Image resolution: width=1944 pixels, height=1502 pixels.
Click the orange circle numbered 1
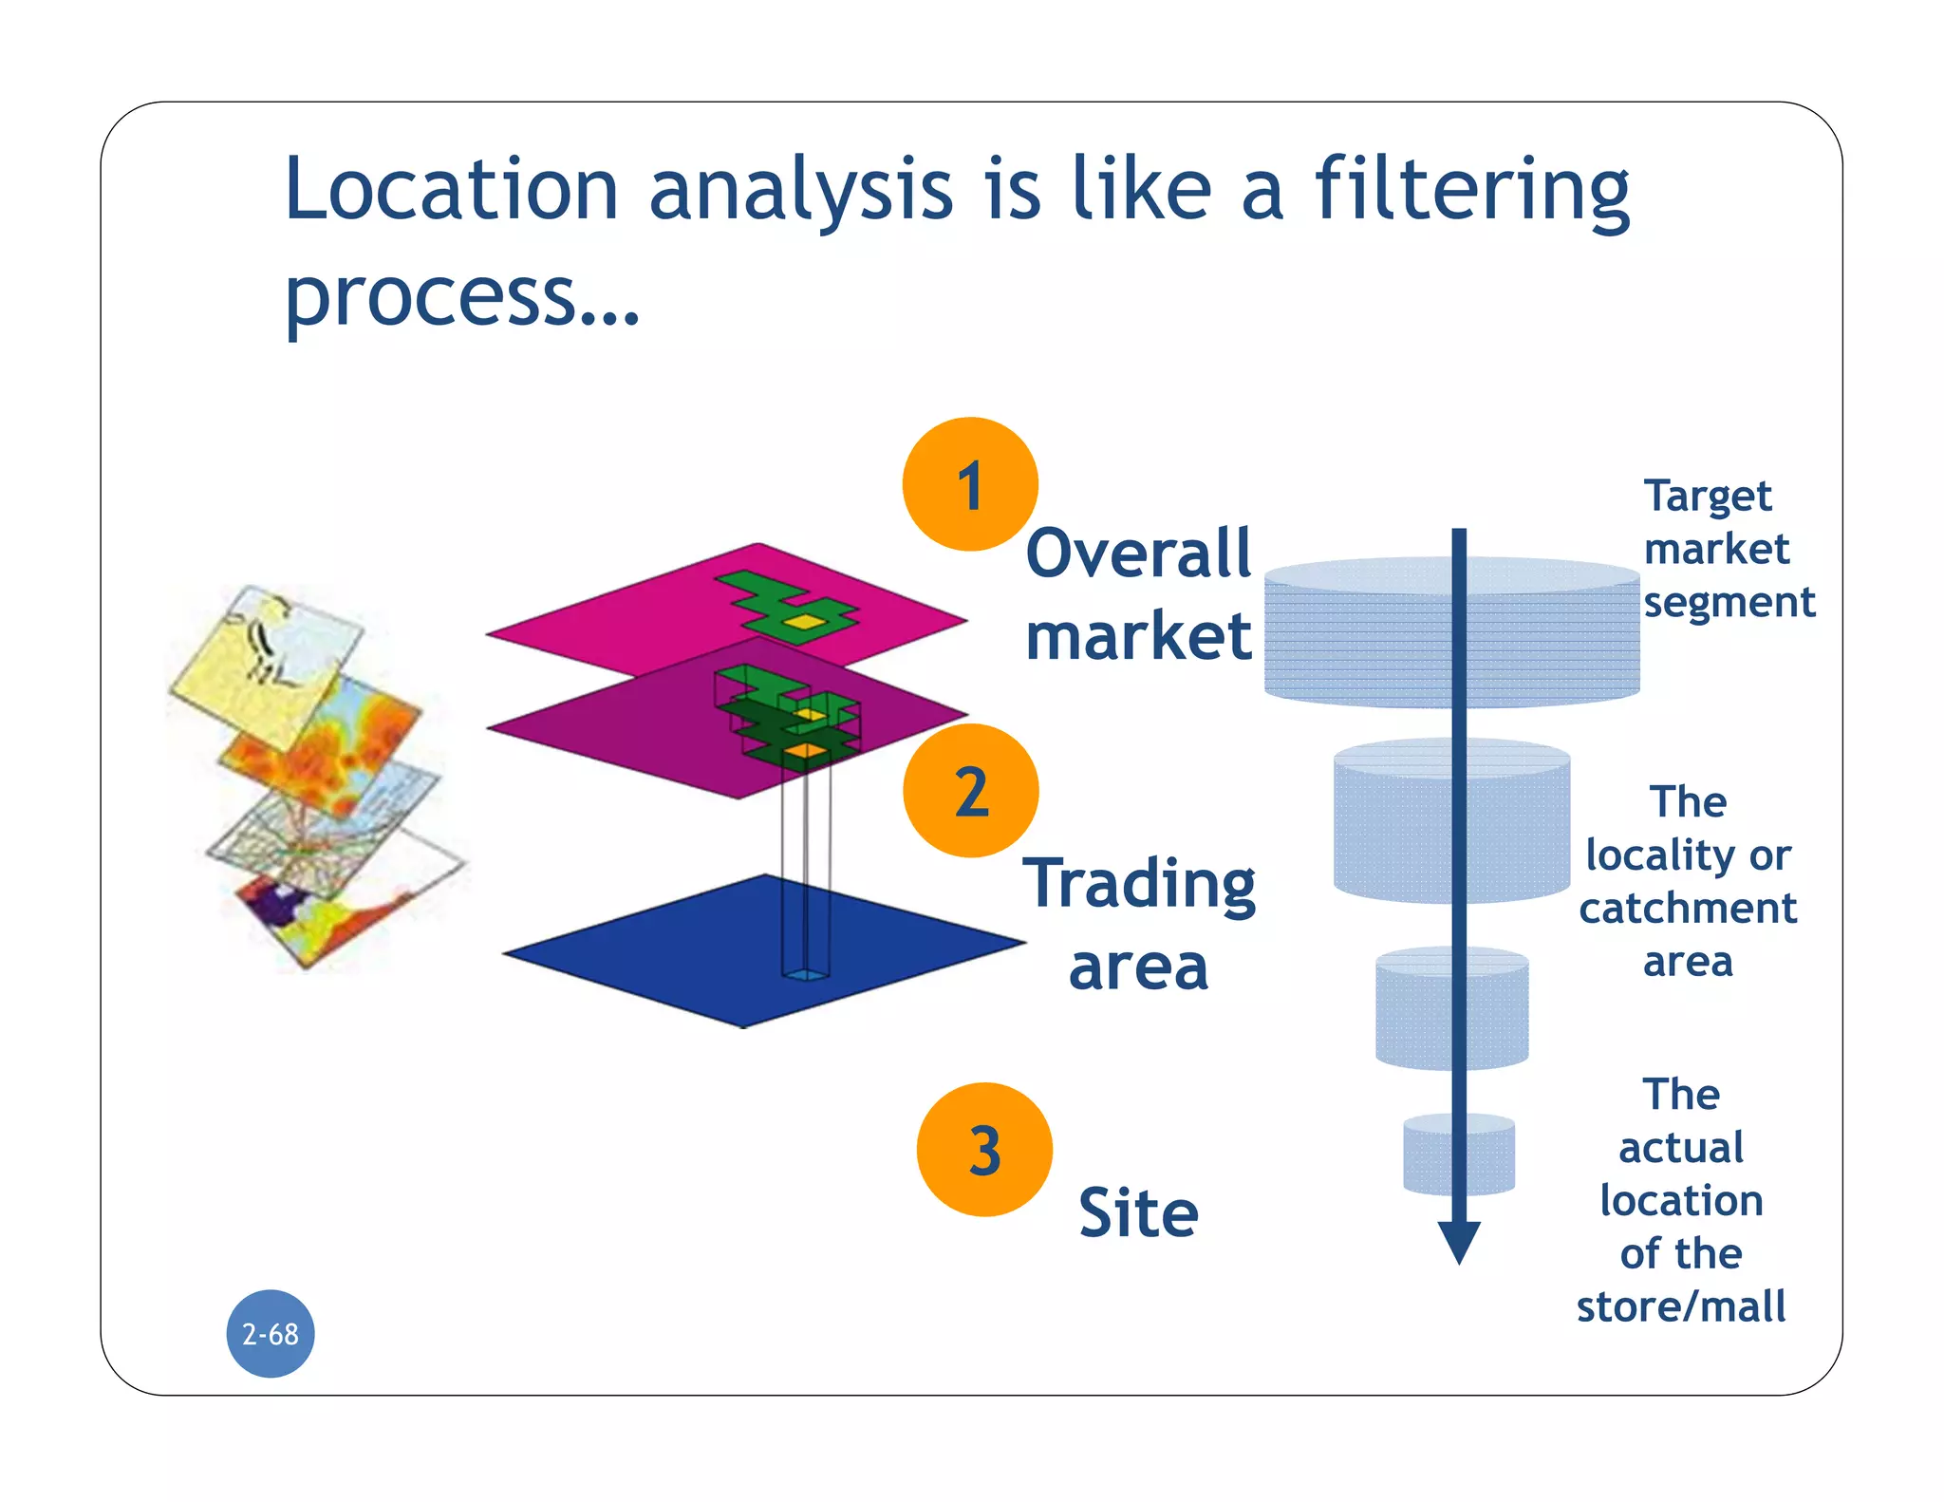click(x=969, y=484)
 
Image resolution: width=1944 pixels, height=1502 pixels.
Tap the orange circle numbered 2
click(x=970, y=791)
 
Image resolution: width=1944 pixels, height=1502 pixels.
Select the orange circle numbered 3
click(x=984, y=1150)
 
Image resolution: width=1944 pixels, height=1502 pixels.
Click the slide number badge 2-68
click(x=271, y=1334)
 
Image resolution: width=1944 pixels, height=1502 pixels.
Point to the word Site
click(x=1138, y=1213)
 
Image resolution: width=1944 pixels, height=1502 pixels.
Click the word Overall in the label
click(x=1138, y=554)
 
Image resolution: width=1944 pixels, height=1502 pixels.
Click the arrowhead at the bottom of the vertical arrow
click(x=1459, y=1241)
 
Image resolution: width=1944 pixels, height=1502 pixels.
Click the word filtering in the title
click(x=1471, y=190)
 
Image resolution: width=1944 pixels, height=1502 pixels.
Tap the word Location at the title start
click(x=452, y=190)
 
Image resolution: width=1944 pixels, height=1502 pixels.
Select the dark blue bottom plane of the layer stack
click(x=664, y=949)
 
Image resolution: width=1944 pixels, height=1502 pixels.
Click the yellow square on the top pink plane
click(x=805, y=622)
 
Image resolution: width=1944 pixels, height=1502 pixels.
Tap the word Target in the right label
click(x=1707, y=497)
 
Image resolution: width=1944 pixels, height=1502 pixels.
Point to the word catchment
click(x=1688, y=909)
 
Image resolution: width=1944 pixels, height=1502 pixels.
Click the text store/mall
click(x=1681, y=1306)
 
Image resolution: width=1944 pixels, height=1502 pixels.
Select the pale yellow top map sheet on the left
click(x=256, y=665)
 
